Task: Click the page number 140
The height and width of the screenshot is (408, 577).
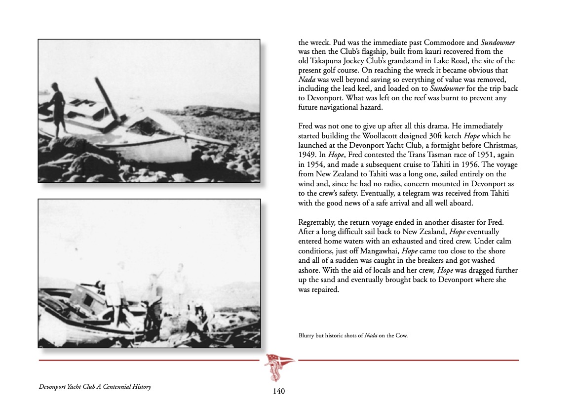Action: (x=279, y=392)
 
